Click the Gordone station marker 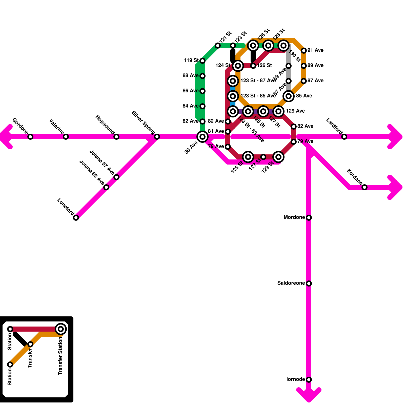[x=30, y=137]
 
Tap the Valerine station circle [x=66, y=137]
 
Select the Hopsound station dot [x=116, y=137]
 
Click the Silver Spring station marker [x=157, y=137]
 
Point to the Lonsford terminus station [x=76, y=218]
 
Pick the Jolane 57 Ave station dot [x=116, y=177]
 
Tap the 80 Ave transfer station [x=202, y=137]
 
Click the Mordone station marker [x=309, y=218]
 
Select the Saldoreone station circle [x=309, y=283]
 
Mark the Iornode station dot [x=309, y=380]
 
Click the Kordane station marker [x=364, y=187]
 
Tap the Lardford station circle [x=344, y=137]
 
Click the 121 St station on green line [x=218, y=46]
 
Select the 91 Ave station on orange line [x=304, y=51]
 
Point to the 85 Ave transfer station [x=289, y=96]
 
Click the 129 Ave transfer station [x=278, y=111]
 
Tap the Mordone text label [x=294, y=217]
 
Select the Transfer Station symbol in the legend [x=61, y=329]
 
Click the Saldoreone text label [x=291, y=283]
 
